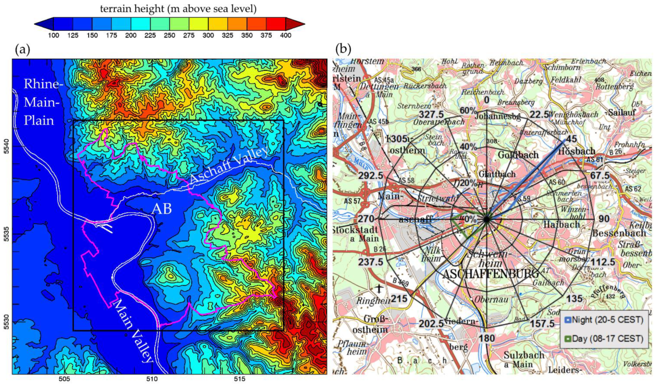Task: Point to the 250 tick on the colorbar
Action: [170, 35]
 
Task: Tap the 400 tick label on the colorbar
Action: [285, 35]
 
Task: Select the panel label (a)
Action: [23, 49]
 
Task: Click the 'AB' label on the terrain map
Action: [162, 209]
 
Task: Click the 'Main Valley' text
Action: [133, 331]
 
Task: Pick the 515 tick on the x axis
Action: [239, 379]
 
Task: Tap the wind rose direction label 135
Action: [574, 299]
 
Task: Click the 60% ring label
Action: [468, 111]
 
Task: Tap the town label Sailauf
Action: [622, 112]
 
